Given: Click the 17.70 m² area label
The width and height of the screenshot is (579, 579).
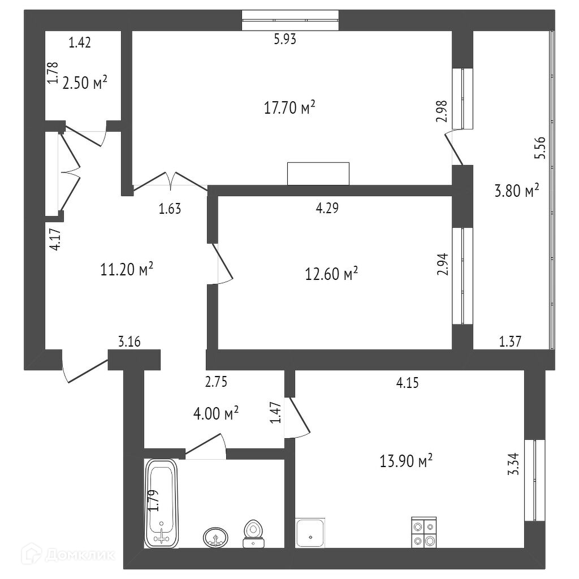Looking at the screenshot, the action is coord(289,107).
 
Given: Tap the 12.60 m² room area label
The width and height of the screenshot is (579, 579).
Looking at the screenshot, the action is coord(331,275).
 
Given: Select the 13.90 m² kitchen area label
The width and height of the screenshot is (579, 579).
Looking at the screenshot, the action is coord(406,461).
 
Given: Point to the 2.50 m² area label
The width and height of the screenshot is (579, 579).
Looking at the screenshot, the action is coord(85,83).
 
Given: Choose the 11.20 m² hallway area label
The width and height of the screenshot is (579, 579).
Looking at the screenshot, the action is coord(127,270).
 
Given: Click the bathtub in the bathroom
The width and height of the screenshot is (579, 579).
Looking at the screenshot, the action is coord(162,503).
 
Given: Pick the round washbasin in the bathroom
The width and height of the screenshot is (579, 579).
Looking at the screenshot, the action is coord(215,537).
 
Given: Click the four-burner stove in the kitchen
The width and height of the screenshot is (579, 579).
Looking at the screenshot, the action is coord(424,532).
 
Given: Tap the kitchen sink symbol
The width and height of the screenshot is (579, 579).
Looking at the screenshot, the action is coord(310,532).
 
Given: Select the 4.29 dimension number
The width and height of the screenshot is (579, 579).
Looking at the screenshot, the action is coord(327,208).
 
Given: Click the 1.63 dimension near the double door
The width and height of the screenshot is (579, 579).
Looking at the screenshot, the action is coord(170,209).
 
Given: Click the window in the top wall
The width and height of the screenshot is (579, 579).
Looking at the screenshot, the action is coord(289,20).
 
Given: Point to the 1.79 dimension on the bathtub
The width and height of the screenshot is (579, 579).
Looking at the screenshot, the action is coord(152,501).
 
